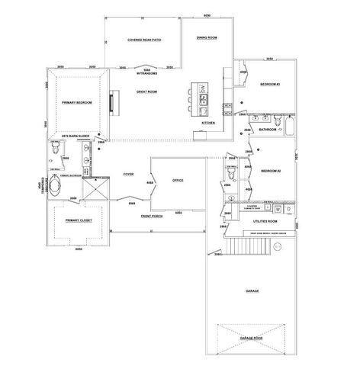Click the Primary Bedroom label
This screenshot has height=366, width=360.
click(x=78, y=101)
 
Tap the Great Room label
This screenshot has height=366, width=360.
click(x=146, y=91)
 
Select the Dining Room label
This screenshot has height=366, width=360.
click(x=207, y=37)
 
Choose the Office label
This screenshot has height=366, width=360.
click(x=178, y=180)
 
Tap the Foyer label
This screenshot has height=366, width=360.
click(x=129, y=175)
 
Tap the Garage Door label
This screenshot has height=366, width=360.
click(x=251, y=337)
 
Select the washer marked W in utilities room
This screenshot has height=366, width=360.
click(x=278, y=208)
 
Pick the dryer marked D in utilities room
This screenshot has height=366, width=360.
click(x=291, y=208)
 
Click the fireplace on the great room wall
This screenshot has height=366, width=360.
click(x=112, y=101)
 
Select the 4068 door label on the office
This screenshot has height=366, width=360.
click(x=150, y=183)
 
